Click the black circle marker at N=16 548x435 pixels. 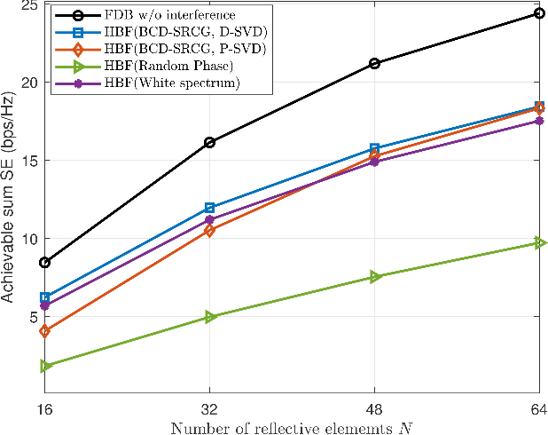tap(44, 263)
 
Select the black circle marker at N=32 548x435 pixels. tap(209, 142)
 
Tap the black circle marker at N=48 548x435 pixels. tap(374, 64)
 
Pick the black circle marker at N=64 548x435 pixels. tap(539, 13)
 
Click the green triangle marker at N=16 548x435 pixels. tap(44, 366)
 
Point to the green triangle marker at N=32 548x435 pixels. tap(209, 317)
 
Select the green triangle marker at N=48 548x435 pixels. tap(374, 277)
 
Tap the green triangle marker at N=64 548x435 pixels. tap(539, 242)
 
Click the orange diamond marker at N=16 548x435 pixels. tap(44, 331)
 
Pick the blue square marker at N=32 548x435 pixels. tap(209, 208)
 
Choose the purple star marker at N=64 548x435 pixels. tap(539, 121)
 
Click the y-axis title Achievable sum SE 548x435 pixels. tap(8, 200)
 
